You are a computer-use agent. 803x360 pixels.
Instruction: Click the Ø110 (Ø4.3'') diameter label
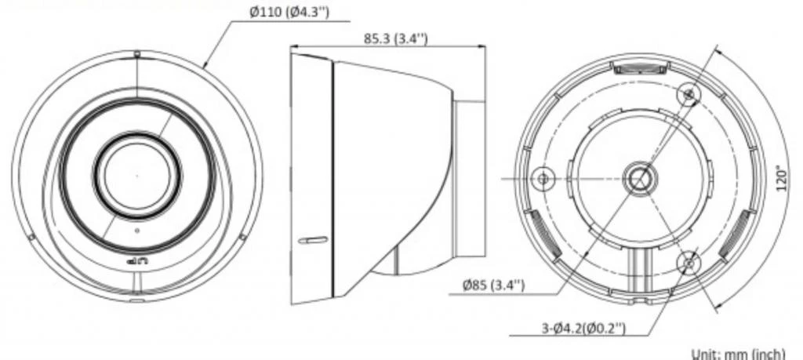click(x=289, y=13)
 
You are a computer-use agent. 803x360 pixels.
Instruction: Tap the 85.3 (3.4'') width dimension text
click(x=396, y=38)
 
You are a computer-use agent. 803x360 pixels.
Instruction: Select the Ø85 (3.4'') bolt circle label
click(x=493, y=285)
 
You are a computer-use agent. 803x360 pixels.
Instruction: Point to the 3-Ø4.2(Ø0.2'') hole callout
click(x=583, y=328)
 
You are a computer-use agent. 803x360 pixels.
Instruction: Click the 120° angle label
click(x=782, y=178)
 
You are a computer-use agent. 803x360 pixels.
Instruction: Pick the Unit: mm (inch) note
click(x=739, y=354)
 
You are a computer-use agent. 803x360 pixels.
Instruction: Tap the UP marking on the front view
click(x=136, y=262)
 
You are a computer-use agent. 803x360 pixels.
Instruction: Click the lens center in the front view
click(x=136, y=176)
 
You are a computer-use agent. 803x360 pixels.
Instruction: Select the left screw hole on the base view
click(x=543, y=178)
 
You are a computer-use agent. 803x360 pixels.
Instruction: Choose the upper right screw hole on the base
click(x=689, y=94)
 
